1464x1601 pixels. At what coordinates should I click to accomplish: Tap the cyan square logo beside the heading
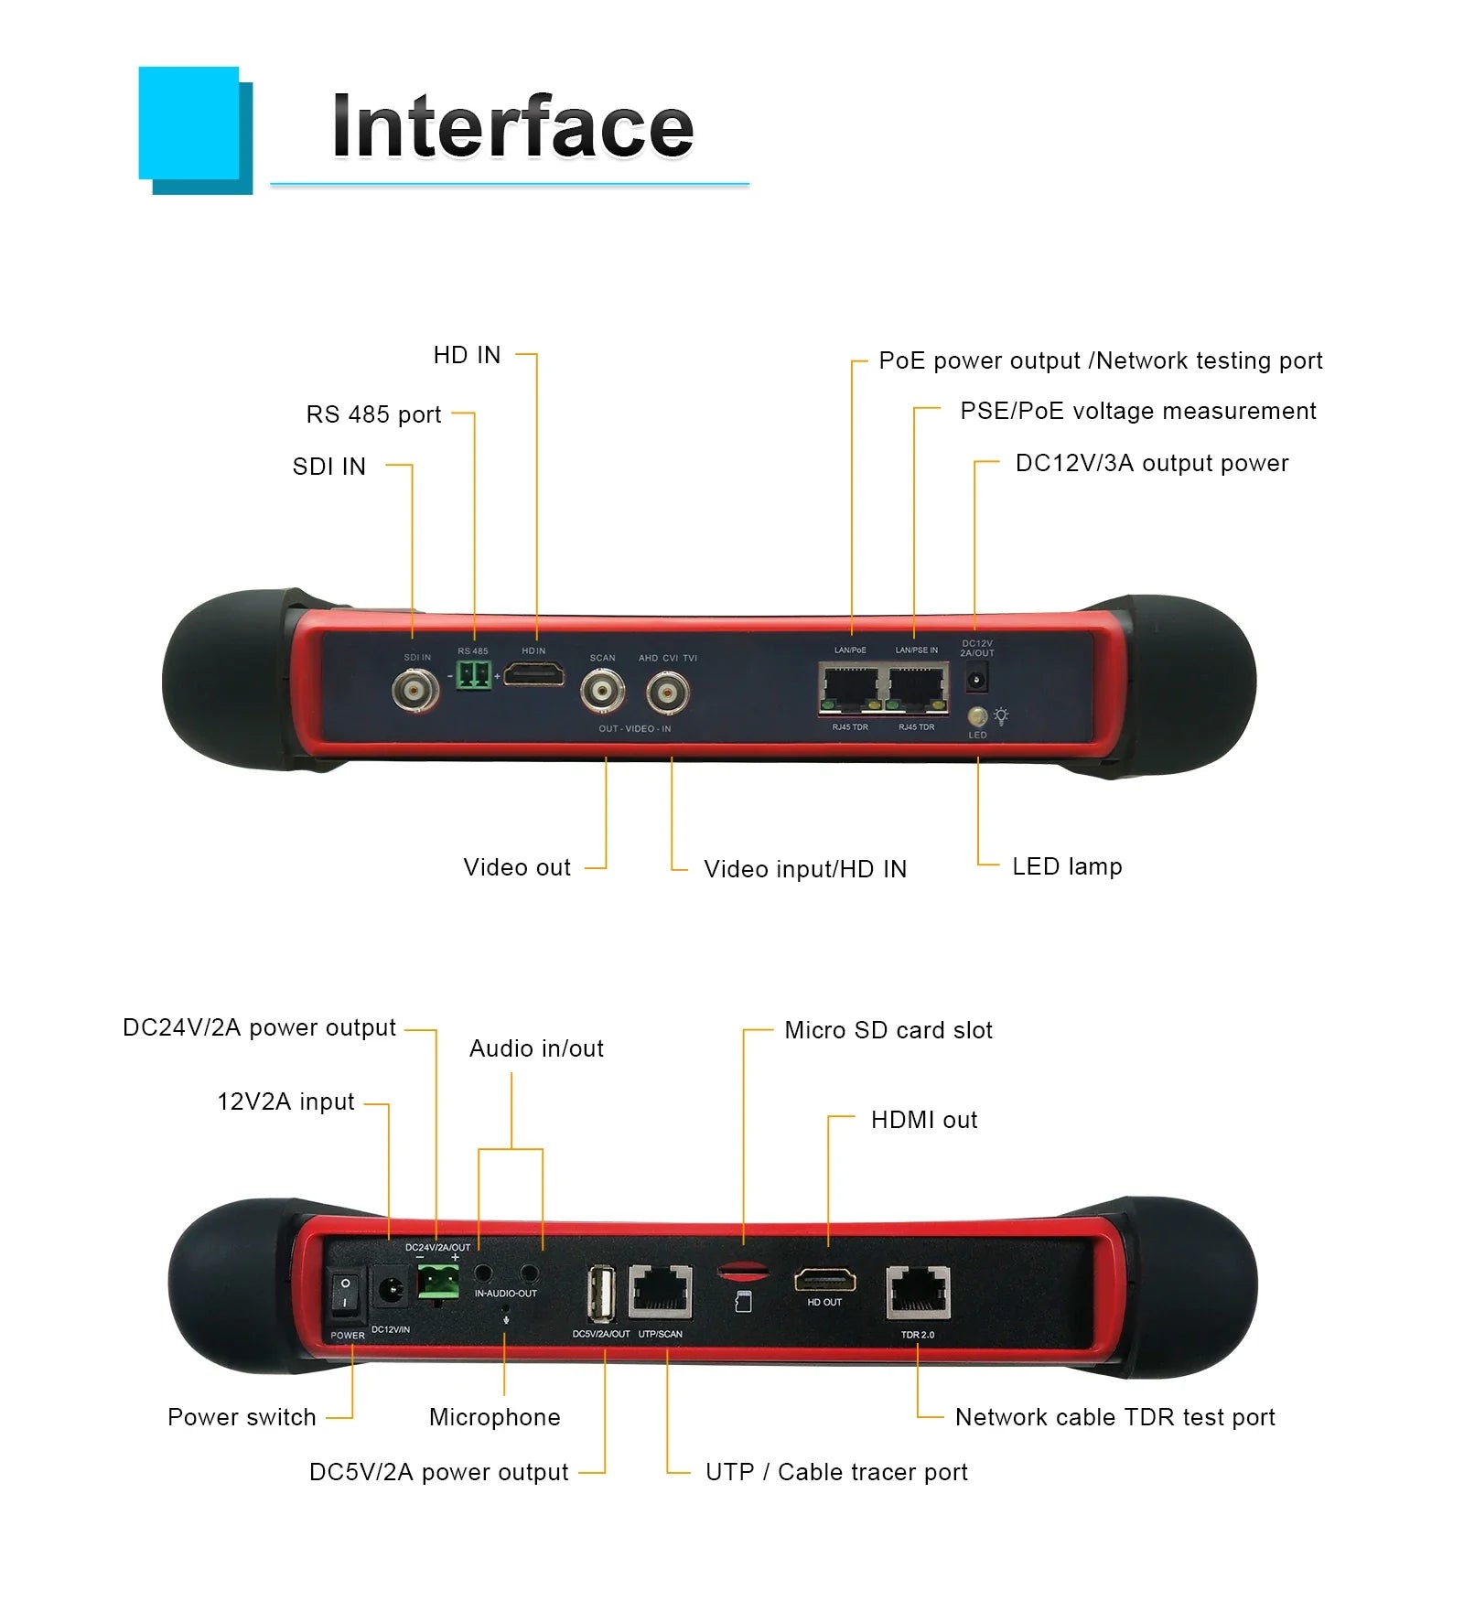[190, 124]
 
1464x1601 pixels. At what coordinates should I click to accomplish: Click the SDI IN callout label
[328, 467]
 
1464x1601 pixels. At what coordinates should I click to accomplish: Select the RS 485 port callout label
[373, 414]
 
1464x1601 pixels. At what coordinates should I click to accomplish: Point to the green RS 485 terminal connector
[473, 676]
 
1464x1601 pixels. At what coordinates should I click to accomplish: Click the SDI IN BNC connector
[415, 690]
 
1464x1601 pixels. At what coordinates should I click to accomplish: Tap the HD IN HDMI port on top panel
[534, 676]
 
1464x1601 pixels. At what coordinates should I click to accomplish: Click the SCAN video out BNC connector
[602, 692]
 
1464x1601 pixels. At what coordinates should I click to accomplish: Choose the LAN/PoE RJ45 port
[851, 689]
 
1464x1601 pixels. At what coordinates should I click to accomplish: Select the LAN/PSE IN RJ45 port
[917, 689]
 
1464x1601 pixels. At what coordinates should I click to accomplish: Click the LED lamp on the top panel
[977, 715]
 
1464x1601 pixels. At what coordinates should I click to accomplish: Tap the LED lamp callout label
[1067, 866]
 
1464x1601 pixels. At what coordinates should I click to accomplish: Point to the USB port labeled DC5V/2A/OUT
[600, 1294]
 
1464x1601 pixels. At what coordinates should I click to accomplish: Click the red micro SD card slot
[743, 1270]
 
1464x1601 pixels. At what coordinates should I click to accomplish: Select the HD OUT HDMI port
[824, 1280]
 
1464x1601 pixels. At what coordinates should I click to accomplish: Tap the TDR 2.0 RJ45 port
[918, 1293]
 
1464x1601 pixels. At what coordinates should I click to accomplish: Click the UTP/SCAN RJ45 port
[661, 1291]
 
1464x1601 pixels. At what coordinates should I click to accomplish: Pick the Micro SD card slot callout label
[888, 1030]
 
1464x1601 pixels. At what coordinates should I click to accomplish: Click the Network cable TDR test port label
[1114, 1417]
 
